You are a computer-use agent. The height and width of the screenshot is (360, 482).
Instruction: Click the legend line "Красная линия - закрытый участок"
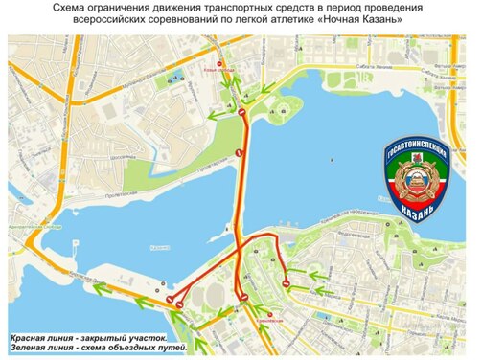(x=89, y=339)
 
